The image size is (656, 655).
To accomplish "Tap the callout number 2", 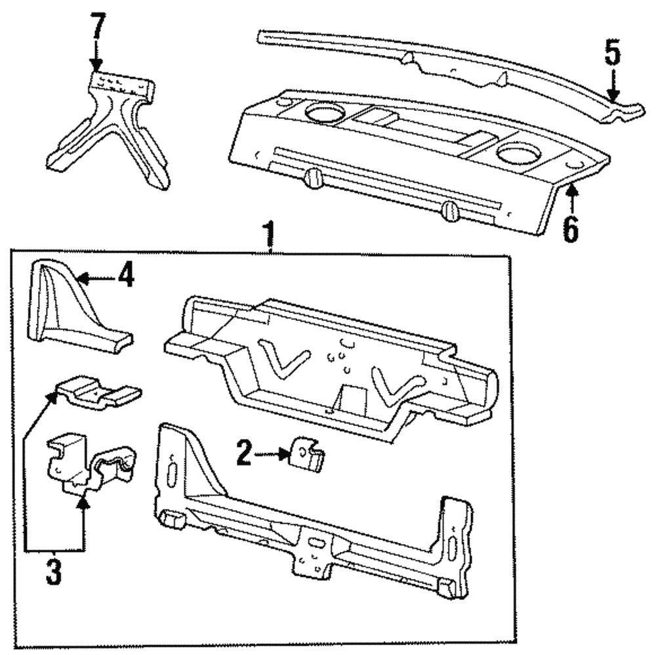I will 243,454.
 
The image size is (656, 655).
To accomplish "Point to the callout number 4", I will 126,276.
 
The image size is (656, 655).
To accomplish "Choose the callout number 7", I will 97,30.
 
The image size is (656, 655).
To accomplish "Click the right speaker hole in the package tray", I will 516,155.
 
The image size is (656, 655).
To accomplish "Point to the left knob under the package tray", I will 314,177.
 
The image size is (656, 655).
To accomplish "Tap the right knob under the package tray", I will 449,211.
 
